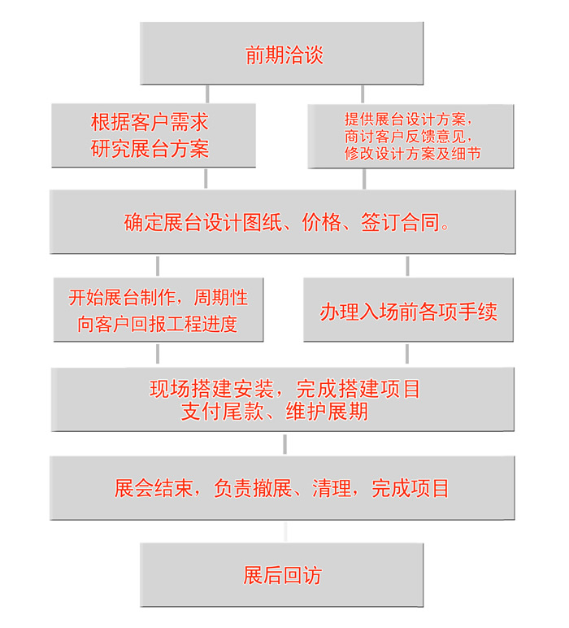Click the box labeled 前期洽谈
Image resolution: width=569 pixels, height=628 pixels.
click(282, 53)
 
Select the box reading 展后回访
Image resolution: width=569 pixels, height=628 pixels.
click(282, 575)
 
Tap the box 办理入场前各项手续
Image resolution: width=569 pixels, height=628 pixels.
click(408, 310)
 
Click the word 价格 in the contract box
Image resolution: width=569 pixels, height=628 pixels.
click(322, 222)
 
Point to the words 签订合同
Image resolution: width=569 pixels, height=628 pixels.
click(400, 222)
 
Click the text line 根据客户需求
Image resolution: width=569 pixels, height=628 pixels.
click(150, 122)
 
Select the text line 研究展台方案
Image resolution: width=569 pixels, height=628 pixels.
click(150, 149)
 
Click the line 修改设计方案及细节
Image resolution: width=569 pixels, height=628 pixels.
click(413, 154)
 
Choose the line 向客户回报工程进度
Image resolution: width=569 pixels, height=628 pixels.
click(157, 324)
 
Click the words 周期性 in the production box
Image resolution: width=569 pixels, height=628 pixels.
click(221, 298)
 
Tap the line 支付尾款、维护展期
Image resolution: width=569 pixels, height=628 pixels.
click(275, 412)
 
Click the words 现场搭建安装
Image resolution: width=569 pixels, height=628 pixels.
click(211, 389)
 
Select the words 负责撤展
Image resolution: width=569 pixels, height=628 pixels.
click(253, 488)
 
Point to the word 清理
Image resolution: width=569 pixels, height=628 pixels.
click(332, 488)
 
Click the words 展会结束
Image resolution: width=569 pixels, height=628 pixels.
click(154, 488)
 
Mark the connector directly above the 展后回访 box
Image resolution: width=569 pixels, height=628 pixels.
click(285, 531)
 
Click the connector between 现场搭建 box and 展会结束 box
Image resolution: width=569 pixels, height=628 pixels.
click(284, 444)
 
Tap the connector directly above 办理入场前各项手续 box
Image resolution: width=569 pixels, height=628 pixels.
click(407, 266)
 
